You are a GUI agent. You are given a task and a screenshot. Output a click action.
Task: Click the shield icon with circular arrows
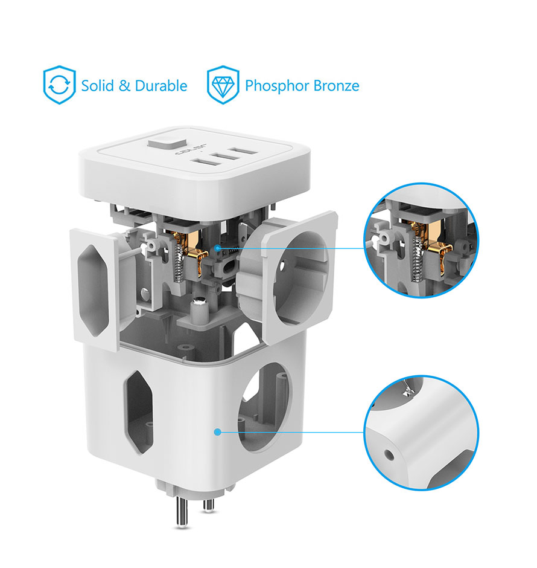pyautogui.click(x=59, y=85)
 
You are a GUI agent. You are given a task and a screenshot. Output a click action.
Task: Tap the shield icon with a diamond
pyautogui.click(x=223, y=85)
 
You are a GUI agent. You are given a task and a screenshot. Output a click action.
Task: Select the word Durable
pyautogui.click(x=161, y=86)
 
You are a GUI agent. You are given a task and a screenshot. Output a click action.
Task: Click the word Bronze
pyautogui.click(x=336, y=86)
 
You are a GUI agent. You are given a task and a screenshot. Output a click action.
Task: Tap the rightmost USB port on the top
pyautogui.click(x=244, y=150)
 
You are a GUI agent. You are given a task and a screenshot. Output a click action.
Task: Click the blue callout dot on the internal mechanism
pyautogui.click(x=217, y=248)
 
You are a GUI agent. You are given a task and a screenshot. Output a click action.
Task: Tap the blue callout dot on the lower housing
pyautogui.click(x=217, y=432)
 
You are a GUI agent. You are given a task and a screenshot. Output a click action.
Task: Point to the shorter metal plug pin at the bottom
pyautogui.click(x=208, y=505)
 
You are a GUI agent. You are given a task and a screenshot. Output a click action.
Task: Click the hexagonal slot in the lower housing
pyautogui.click(x=138, y=411)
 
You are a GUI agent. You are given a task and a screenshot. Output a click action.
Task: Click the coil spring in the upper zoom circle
pyautogui.click(x=417, y=259)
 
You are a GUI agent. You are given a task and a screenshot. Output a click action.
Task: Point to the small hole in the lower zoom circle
pyautogui.click(x=389, y=455)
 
